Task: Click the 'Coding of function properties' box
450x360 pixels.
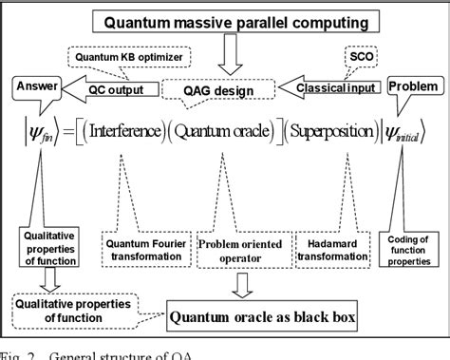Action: pos(411,249)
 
